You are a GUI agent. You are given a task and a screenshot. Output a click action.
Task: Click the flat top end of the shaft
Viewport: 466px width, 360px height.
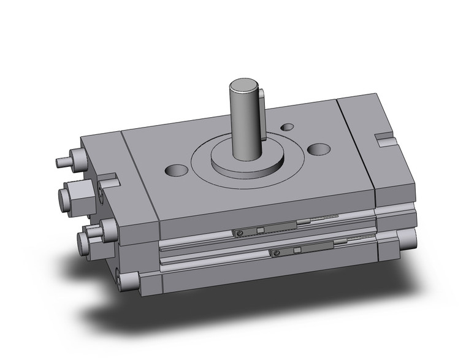click(244, 85)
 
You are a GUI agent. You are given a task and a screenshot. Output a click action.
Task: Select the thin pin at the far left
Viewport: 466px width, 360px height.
click(61, 163)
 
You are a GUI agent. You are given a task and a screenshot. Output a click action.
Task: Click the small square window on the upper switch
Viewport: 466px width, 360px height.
click(261, 231)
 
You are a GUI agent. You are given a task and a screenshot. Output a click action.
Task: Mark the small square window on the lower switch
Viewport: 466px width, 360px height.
click(298, 250)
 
